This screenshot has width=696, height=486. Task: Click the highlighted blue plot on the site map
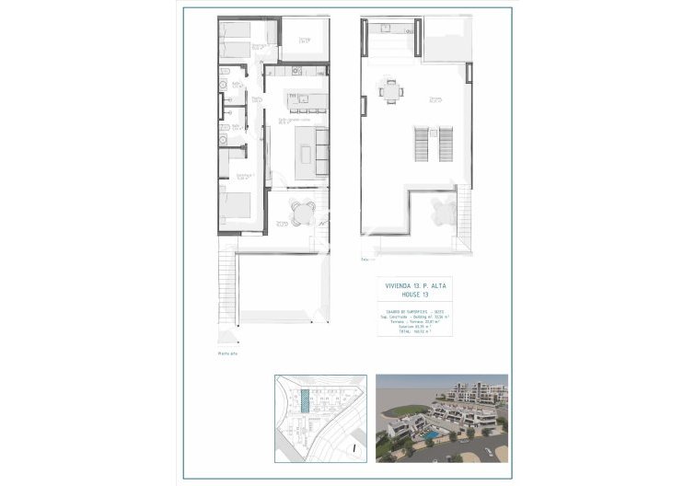305,403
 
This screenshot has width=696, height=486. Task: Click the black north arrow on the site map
354,448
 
